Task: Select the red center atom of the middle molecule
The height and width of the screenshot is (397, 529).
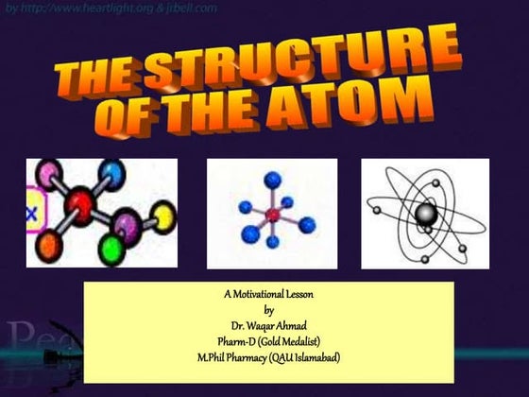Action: pos(273,216)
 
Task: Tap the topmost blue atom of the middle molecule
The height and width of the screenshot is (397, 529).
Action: pos(273,177)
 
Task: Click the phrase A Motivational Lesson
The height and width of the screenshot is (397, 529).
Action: pos(268,294)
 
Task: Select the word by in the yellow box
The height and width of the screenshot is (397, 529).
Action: pos(269,309)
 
